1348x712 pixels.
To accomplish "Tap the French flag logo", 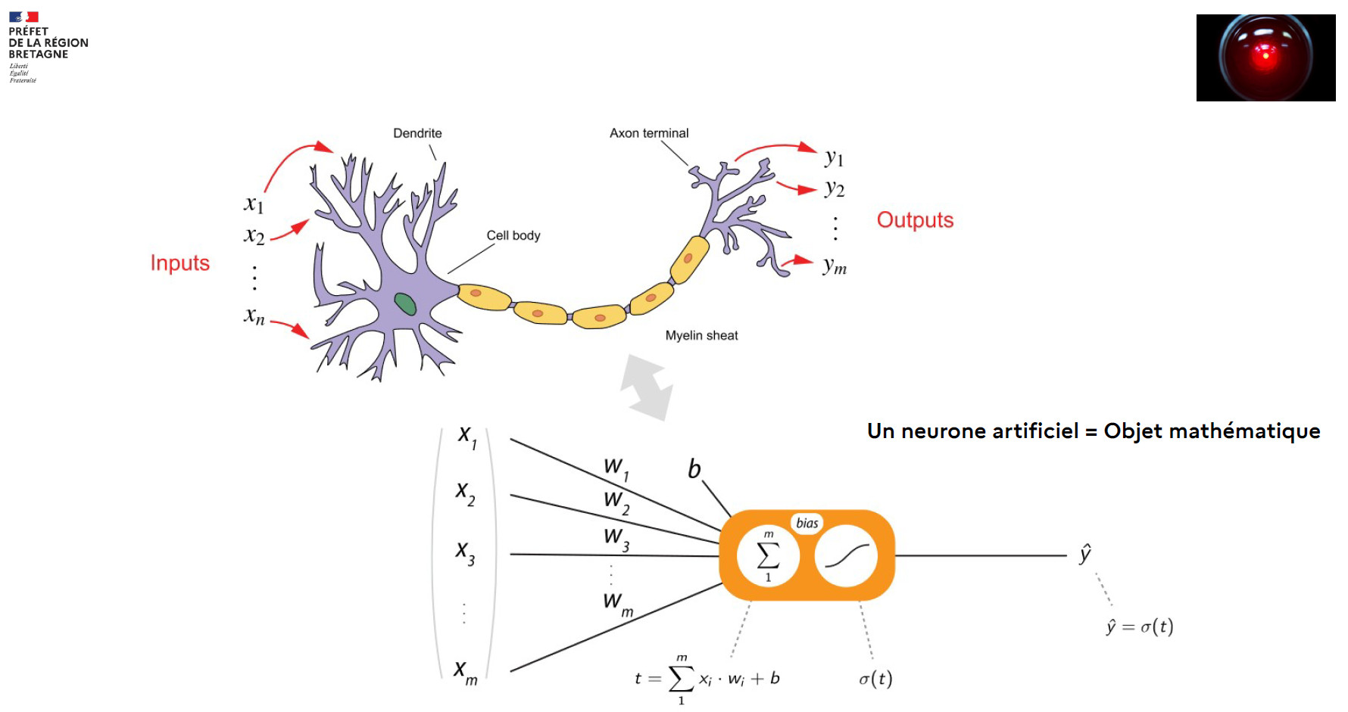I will pos(23,17).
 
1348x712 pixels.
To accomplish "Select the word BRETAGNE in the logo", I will pos(39,54).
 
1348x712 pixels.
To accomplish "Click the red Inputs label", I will pos(179,263).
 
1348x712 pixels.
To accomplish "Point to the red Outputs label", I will pos(915,220).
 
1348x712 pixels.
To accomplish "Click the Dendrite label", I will pos(417,133).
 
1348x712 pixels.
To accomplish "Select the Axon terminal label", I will pos(649,133).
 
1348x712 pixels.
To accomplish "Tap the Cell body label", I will pos(513,235).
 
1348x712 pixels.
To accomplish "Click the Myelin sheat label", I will pos(701,335).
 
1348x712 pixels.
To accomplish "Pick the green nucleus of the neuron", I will pos(405,304).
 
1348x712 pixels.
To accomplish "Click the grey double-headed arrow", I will pos(646,387).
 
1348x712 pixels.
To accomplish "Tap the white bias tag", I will pos(807,523).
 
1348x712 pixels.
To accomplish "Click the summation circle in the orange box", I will pos(768,556).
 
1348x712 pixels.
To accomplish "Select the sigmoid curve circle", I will pos(846,556).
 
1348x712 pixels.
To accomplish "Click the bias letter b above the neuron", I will pos(694,469).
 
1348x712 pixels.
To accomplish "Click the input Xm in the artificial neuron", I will pos(465,671).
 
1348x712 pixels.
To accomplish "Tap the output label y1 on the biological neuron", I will pos(834,157).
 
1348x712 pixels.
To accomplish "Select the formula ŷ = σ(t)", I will pos(1140,626).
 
